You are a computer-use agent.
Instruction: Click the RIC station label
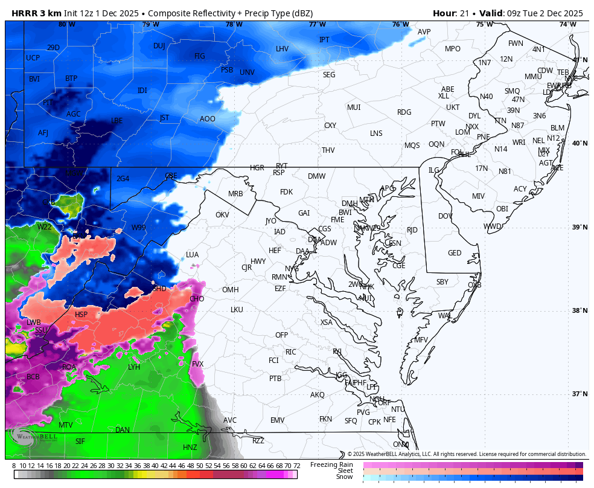[290, 352]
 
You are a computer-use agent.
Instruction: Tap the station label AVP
[424, 32]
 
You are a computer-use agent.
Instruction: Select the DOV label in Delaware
[445, 216]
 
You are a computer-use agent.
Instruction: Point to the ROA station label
[69, 367]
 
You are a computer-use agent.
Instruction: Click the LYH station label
[134, 367]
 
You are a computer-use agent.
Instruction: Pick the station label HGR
[257, 168]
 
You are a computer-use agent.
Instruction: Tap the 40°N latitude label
[580, 144]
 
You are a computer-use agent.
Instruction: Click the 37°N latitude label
[580, 394]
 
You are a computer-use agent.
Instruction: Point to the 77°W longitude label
[318, 25]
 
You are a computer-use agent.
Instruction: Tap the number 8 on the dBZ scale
[14, 466]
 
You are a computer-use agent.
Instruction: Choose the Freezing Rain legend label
[331, 464]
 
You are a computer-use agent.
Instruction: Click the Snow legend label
[344, 477]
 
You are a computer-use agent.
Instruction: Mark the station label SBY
[442, 282]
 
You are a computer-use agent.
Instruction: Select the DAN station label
[122, 430]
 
